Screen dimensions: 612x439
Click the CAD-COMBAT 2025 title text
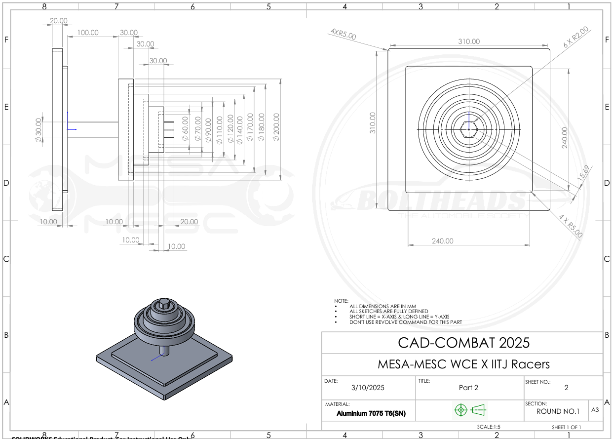coord(463,342)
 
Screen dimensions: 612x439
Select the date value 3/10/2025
coord(368,388)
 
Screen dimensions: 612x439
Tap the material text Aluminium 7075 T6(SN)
coord(371,413)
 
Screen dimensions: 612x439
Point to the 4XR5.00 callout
coord(343,34)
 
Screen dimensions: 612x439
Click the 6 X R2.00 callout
coord(576,37)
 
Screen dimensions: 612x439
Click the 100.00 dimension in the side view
coord(88,33)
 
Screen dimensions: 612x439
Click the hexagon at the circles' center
coord(469,129)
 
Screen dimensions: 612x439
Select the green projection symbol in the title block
coord(469,409)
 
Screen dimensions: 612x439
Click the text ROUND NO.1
coord(556,411)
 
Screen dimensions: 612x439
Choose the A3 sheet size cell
coord(595,409)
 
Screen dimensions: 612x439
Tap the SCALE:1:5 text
coord(489,427)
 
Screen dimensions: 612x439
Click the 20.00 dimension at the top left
coord(58,21)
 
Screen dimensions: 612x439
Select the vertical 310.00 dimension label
coord(373,122)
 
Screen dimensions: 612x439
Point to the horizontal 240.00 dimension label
coord(442,241)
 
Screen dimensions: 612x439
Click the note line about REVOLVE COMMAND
coord(406,322)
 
